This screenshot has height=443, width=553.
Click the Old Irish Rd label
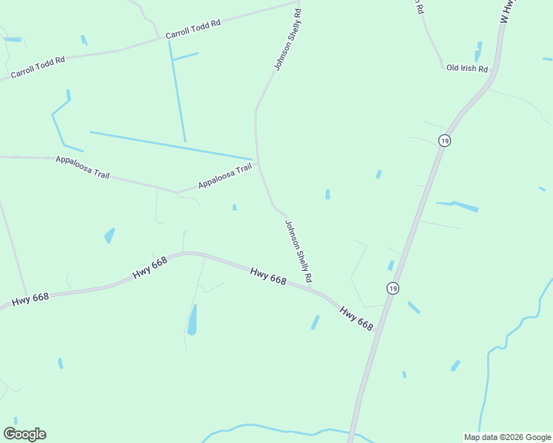click(467, 69)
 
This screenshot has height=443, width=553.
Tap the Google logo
click(24, 434)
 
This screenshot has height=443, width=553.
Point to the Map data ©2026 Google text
click(507, 437)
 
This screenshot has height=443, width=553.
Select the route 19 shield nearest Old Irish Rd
click(444, 140)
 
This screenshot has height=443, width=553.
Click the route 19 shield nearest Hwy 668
click(393, 288)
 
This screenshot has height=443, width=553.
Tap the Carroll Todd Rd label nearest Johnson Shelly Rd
click(193, 30)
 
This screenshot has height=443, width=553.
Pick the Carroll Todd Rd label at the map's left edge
click(38, 67)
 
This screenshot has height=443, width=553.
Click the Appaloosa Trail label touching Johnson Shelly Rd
click(225, 176)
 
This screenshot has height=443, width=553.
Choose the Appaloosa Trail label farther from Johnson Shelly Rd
click(82, 167)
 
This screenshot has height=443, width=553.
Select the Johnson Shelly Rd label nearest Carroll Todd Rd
click(288, 40)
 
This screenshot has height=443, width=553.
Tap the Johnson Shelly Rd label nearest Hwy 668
click(299, 252)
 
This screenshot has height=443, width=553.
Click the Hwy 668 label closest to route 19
click(356, 318)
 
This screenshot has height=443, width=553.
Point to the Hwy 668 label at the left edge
click(30, 298)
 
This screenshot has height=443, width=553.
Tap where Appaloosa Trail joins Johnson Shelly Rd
click(258, 166)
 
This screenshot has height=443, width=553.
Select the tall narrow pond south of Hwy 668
click(192, 319)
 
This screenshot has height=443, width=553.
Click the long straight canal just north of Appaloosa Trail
click(170, 145)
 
